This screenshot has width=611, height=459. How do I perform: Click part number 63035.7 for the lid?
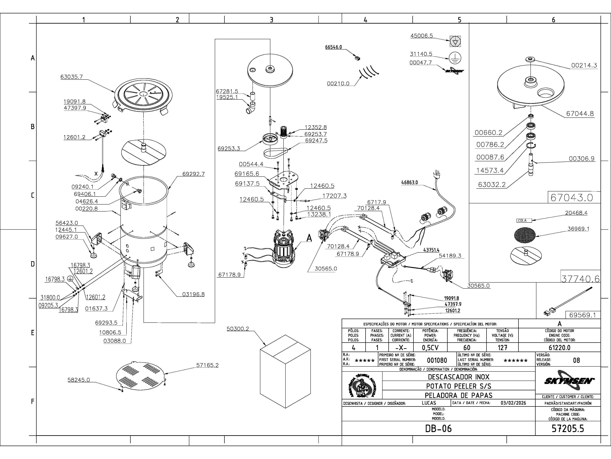[72, 77]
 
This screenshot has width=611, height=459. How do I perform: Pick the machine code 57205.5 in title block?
[568, 429]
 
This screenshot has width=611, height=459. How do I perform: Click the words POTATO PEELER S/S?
[459, 386]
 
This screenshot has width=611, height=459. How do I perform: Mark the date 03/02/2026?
[513, 403]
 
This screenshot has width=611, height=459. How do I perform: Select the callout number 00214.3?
[584, 66]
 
